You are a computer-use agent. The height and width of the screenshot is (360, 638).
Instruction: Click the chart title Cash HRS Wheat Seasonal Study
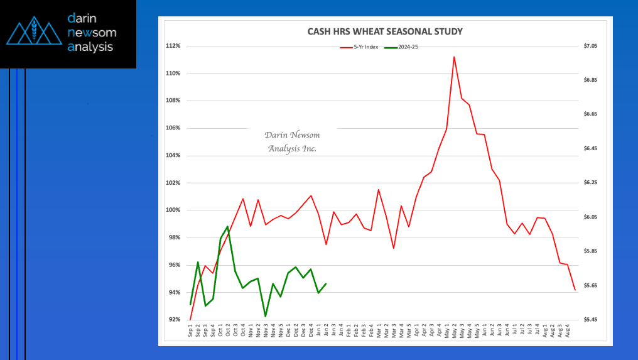(x=385, y=31)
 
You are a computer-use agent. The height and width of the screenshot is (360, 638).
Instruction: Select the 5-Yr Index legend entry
(x=360, y=47)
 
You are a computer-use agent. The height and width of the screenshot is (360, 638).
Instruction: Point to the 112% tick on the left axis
(x=173, y=46)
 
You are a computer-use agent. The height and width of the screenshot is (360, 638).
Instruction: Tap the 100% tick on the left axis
(x=173, y=210)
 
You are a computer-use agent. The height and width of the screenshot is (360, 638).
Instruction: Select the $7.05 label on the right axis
(x=591, y=46)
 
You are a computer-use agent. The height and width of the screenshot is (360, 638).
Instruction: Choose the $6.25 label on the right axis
(x=591, y=183)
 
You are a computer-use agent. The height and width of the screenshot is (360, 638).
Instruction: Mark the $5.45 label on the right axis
(x=591, y=320)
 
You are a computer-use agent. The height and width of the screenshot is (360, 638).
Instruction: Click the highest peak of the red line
(x=453, y=57)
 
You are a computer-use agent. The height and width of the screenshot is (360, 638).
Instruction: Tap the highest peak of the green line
(x=227, y=226)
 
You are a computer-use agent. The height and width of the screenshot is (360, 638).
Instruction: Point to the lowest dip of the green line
(x=265, y=316)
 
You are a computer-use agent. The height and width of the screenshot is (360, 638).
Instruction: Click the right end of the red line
(x=575, y=290)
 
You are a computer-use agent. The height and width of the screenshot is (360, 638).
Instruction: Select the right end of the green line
(x=326, y=284)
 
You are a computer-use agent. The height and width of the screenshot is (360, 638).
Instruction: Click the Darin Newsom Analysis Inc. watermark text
(x=292, y=142)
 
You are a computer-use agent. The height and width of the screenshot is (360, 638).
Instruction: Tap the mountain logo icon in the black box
(x=35, y=33)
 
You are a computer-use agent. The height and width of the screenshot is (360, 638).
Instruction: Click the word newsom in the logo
(x=92, y=33)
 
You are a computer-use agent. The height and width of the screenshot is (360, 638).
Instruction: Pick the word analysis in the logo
(x=90, y=46)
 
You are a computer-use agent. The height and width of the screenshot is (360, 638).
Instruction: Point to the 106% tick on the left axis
(x=173, y=128)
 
